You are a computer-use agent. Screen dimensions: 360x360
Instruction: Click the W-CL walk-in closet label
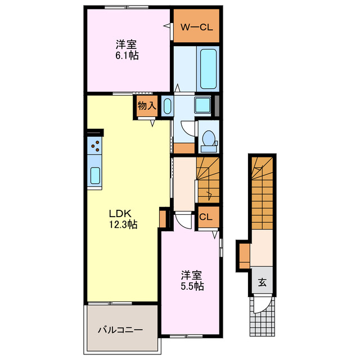point(196,26)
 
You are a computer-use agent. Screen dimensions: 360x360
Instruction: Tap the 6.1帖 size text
point(128,56)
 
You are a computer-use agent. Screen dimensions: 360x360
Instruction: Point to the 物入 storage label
point(147,105)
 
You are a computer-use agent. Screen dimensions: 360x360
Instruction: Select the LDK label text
point(120,214)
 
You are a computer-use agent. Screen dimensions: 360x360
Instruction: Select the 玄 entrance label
point(262,283)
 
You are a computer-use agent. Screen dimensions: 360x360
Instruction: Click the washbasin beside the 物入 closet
point(167,106)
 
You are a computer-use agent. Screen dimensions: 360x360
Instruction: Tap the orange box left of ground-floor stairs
point(244,255)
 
